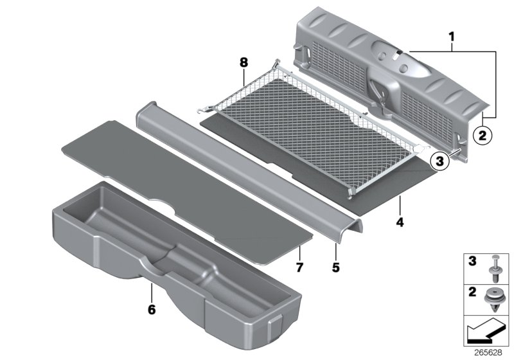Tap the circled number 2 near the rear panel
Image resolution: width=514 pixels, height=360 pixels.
click(481, 135)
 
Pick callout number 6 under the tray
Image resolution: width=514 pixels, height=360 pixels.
click(152, 309)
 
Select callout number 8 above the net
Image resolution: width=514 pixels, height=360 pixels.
click(243, 63)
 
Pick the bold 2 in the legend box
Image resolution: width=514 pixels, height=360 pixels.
click(472, 293)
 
